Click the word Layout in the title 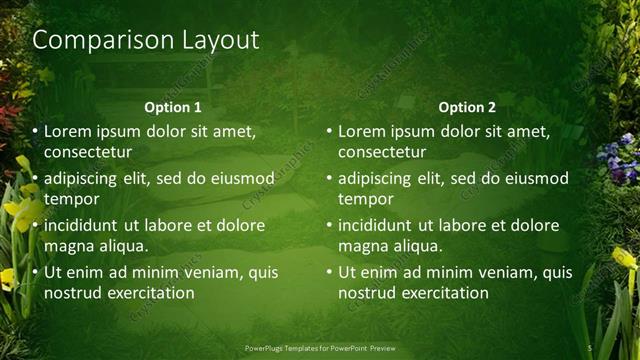(x=217, y=41)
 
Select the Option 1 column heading (x=172, y=107)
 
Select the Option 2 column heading (x=466, y=107)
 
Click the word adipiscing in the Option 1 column (x=85, y=179)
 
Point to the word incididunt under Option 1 (x=88, y=225)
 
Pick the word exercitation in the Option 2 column (x=442, y=292)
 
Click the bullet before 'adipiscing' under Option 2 (x=328, y=179)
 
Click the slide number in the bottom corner (x=591, y=348)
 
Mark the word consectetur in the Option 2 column (x=382, y=153)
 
